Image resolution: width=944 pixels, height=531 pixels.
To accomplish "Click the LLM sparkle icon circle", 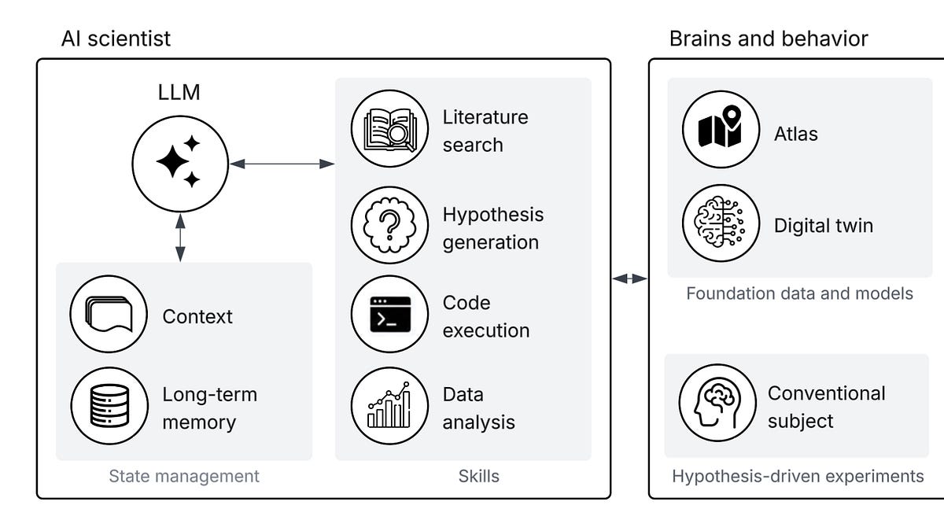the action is point(180,164).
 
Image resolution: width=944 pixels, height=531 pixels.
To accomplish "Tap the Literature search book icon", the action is point(390,128).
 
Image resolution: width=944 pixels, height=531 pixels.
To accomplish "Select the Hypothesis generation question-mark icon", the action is point(390,225).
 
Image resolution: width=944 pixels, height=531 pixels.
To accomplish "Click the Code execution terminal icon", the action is point(390,314).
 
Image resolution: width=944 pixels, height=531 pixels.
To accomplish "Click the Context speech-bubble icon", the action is point(109,314).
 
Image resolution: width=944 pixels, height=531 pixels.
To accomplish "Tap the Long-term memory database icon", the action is point(109,406).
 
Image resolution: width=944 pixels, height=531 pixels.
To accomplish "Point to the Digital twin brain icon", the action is point(721,223).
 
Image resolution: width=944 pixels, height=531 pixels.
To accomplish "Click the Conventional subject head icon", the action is point(717,403).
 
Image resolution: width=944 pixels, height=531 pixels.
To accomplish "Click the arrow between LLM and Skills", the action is point(282,164).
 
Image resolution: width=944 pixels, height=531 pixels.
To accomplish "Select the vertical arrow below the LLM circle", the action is point(180,238).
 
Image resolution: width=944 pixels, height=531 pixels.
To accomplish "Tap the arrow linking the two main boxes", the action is point(629,278).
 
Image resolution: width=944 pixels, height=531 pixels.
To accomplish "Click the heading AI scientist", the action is point(116,39).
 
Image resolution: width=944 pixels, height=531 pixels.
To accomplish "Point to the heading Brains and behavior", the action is point(769,39).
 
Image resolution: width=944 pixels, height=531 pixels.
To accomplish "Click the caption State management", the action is point(184,477).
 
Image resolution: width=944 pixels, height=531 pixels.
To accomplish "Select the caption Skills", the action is point(479,476).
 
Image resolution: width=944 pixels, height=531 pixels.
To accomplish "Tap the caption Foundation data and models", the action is point(799,293).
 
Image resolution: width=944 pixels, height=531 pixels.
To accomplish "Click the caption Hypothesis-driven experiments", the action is point(798,477).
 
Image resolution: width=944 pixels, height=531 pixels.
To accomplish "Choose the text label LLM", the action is point(179,92).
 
